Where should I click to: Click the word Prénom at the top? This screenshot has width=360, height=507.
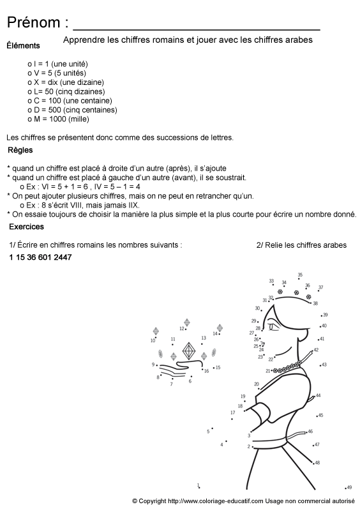(x=34, y=23)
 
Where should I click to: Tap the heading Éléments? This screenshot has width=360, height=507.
(x=23, y=45)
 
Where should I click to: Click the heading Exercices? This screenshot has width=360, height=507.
(x=26, y=226)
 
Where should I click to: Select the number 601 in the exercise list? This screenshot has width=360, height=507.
(x=41, y=257)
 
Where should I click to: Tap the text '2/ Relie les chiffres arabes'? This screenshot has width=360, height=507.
(x=301, y=245)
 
